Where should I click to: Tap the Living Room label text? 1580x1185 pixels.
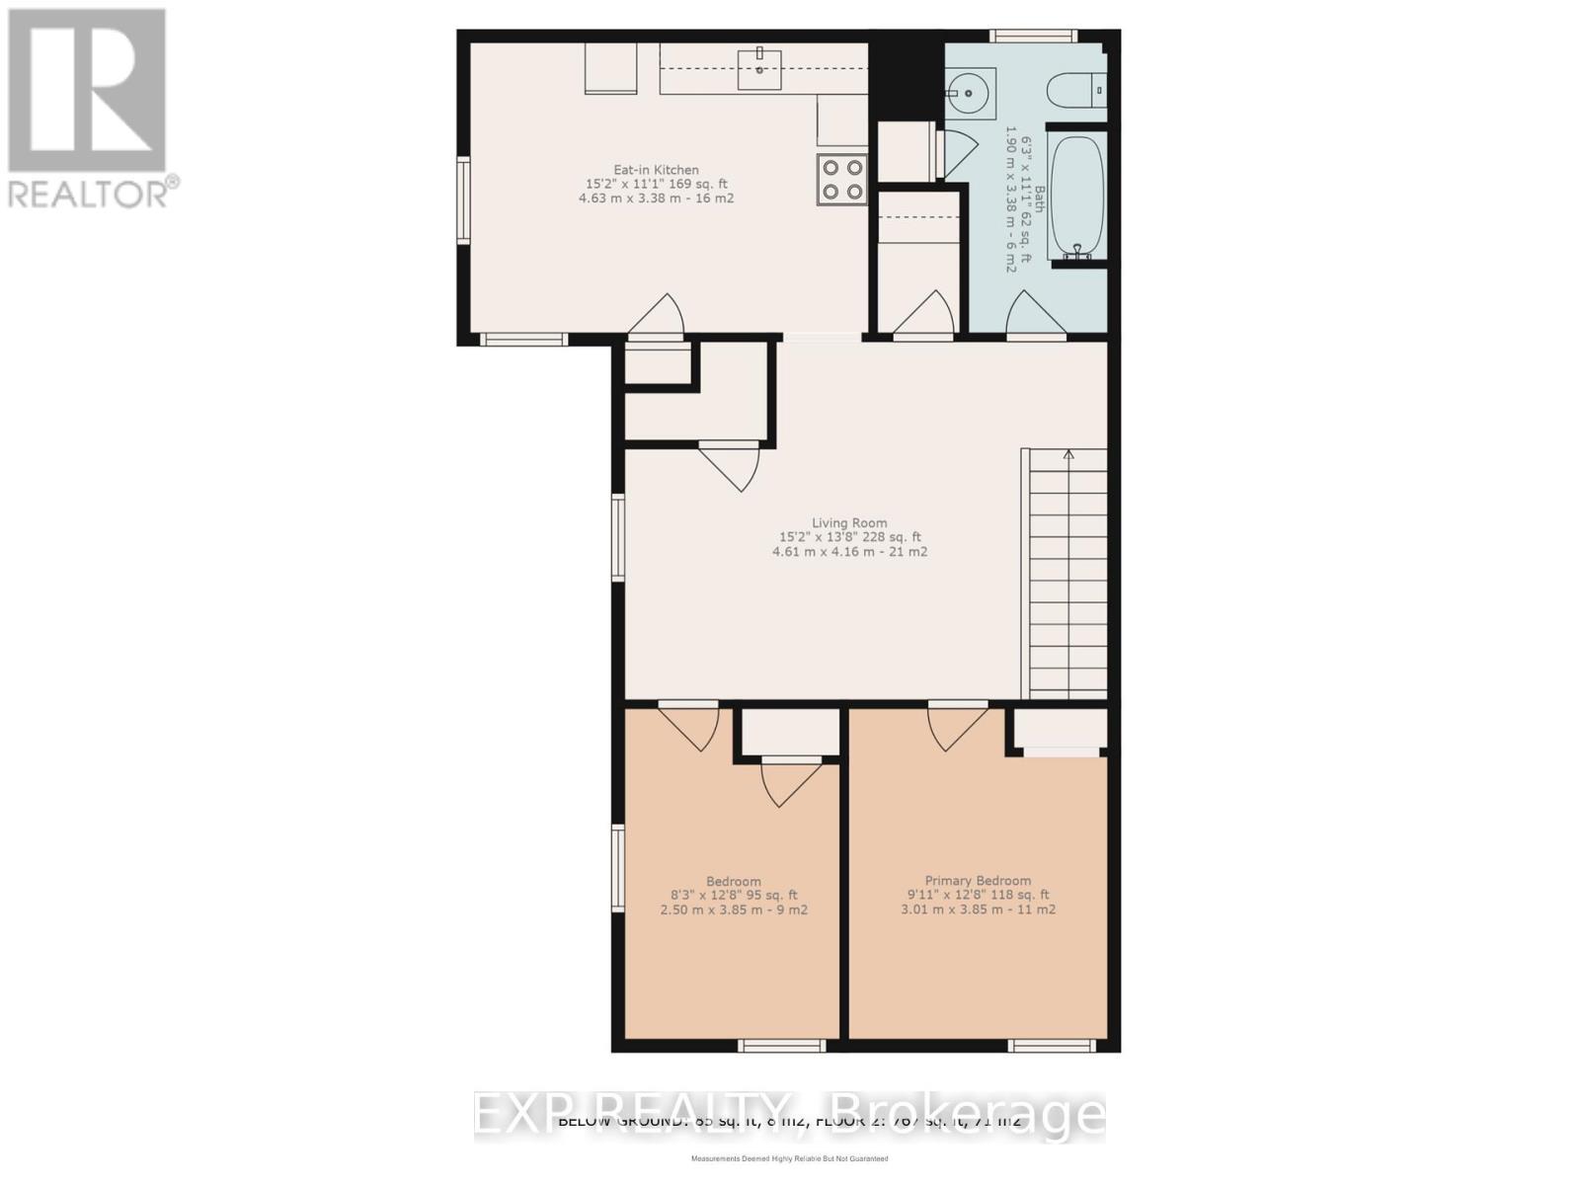point(849,523)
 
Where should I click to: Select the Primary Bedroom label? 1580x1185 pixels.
point(978,881)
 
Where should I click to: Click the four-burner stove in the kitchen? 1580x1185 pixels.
point(841,180)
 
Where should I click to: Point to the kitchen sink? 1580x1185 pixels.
point(759,65)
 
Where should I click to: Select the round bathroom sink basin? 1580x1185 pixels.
point(970,94)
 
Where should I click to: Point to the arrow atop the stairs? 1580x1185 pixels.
point(1068,454)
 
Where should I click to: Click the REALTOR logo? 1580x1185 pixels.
point(89,109)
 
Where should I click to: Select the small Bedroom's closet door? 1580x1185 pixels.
point(790,780)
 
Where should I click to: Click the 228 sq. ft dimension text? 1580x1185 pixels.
point(893,537)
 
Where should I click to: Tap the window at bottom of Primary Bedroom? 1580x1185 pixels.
point(1052,1045)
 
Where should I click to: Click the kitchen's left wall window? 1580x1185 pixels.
point(462,199)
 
